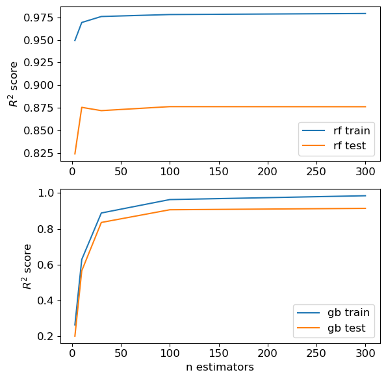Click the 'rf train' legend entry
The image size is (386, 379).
pyautogui.click(x=351, y=131)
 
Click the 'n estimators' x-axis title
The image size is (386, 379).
pyautogui.click(x=220, y=367)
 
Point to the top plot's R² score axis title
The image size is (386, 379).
pyautogui.click(x=14, y=84)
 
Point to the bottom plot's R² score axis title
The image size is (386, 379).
pyautogui.click(x=27, y=266)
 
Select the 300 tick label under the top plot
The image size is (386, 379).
pyautogui.click(x=365, y=171)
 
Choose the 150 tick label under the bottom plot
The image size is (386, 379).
pyautogui.click(x=219, y=353)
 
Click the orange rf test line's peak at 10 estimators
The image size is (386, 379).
pyautogui.click(x=82, y=107)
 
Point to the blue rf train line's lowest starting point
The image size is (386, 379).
pyautogui.click(x=75, y=41)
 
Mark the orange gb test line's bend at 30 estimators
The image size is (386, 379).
pyautogui.click(x=101, y=223)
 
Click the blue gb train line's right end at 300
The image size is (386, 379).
pyautogui.click(x=365, y=196)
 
